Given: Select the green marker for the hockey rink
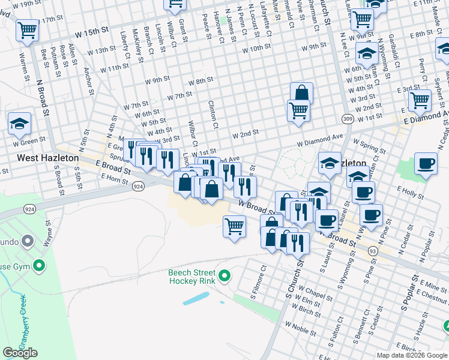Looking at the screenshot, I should (224, 277).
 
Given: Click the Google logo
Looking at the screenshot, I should (20, 352).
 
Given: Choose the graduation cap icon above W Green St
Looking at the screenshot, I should (19, 124).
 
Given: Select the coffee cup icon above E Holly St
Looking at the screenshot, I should (426, 164).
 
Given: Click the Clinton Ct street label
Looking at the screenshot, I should (213, 115).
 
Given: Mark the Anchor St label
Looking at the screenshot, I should (89, 80).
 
